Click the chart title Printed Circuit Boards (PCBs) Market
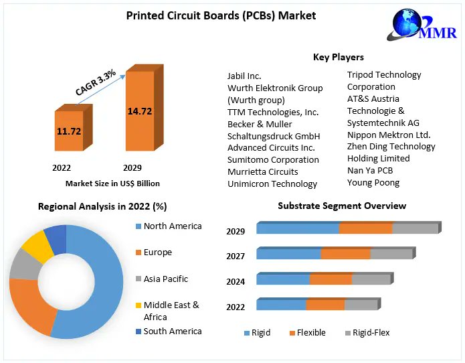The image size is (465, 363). tap(221, 15)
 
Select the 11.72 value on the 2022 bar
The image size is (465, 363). tap(69, 131)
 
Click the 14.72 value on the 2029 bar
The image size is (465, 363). tap(140, 111)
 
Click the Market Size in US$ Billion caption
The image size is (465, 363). tap(112, 183)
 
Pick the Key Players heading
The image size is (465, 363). tap(338, 57)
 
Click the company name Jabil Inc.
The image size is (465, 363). tap(244, 76)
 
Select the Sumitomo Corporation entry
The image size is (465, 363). tap(273, 159)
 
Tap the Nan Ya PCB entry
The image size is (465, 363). tap(369, 170)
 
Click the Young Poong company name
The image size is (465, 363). tap(373, 182)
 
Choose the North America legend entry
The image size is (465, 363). tap(172, 226)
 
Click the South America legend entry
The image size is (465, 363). tap(172, 331)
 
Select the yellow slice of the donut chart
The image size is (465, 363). tap(38, 246)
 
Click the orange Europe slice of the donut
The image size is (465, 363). tap(30, 305)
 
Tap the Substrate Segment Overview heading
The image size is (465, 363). tap(342, 206)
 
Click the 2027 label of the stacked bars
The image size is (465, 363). tap(236, 256)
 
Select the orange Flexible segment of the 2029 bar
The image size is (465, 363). tap(365, 228)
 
